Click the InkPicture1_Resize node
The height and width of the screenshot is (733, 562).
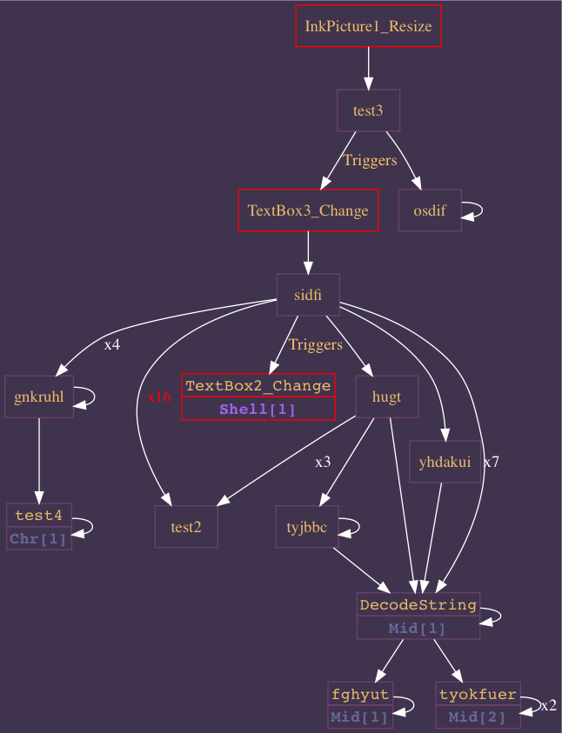tap(368, 26)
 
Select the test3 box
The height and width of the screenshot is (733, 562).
tap(368, 110)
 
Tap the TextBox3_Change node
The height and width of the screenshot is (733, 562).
tap(308, 210)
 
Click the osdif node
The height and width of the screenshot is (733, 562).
tap(430, 210)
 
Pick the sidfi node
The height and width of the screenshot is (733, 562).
tap(308, 295)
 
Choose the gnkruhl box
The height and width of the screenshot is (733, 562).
tap(39, 397)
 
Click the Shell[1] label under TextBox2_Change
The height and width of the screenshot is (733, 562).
tap(258, 409)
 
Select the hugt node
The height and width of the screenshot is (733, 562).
tap(386, 397)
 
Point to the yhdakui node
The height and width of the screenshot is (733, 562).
tap(445, 462)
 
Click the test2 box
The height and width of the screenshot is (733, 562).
tap(186, 527)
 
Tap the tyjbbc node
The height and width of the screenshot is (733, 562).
tap(306, 527)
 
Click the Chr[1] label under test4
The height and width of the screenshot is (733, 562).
tap(38, 539)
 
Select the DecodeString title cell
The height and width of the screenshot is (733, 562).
tap(418, 604)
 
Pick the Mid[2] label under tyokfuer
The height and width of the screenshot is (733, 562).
tap(478, 717)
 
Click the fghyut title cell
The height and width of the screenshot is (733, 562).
tap(360, 694)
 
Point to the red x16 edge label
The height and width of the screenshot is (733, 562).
tap(159, 396)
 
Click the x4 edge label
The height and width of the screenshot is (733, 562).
tap(112, 344)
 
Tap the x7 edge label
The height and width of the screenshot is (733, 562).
tap(491, 462)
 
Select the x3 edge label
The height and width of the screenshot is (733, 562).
tap(323, 462)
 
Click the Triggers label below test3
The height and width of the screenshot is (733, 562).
tap(370, 160)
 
